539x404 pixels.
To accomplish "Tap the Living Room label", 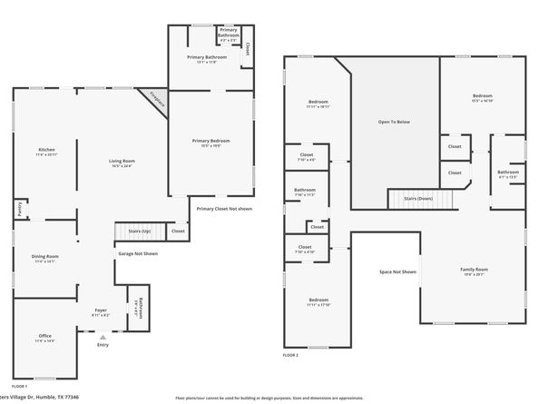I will [x=122, y=163].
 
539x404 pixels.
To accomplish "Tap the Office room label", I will [x=45, y=338].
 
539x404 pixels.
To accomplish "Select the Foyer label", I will [x=101, y=311].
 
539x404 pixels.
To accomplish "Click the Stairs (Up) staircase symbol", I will [x=132, y=232].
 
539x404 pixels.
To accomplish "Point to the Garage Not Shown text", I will [x=137, y=253].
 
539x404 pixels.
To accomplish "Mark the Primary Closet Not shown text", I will [x=225, y=209].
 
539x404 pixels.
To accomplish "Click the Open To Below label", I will [x=394, y=122].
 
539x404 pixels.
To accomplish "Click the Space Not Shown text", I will [x=397, y=271].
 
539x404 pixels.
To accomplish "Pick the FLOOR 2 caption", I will [x=291, y=355].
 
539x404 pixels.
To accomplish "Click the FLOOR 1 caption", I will [x=20, y=387].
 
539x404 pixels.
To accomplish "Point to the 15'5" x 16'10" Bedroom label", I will [x=482, y=97].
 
